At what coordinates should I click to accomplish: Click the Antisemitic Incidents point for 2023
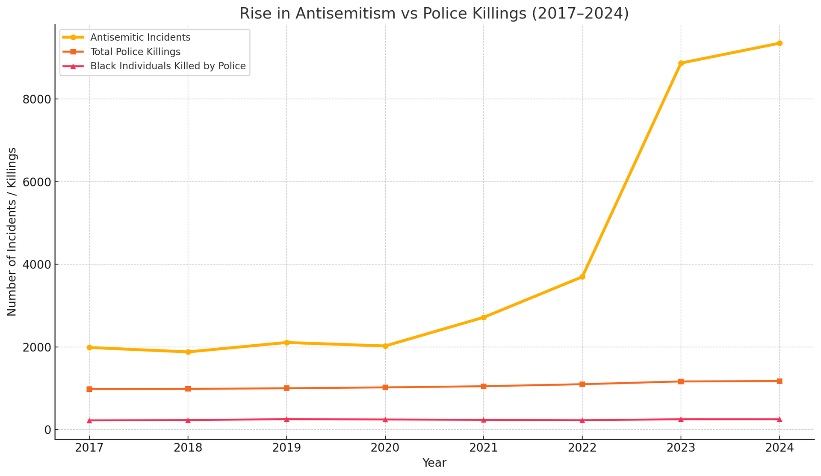681,63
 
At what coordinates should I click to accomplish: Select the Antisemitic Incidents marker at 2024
780,43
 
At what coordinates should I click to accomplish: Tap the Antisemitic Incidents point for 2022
582,277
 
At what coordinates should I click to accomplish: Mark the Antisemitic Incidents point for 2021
484,317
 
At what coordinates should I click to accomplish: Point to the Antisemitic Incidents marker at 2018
188,352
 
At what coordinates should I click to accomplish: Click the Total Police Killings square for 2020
385,387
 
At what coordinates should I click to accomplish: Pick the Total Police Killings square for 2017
89,389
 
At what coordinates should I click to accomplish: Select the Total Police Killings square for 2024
780,381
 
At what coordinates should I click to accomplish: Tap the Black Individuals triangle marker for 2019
286,419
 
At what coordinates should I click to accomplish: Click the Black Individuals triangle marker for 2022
582,420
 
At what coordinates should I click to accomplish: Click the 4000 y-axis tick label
35,264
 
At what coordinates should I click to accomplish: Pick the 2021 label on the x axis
484,448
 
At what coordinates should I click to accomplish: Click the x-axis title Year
434,463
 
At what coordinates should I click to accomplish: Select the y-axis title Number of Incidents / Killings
12,232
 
